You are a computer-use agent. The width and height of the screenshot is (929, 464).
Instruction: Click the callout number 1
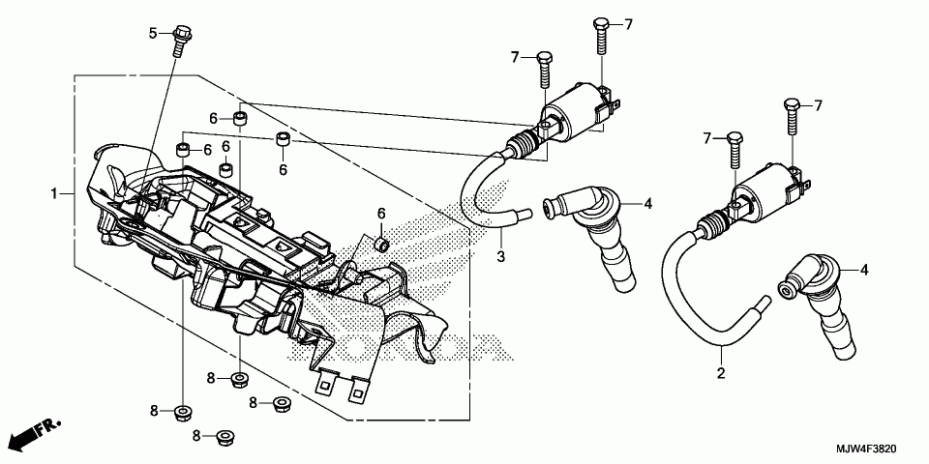(x=55, y=194)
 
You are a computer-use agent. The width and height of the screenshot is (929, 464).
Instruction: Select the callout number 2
(x=720, y=373)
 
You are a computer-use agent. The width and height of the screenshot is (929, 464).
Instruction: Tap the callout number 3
(x=501, y=256)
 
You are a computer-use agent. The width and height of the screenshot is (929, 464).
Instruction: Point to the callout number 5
(x=153, y=33)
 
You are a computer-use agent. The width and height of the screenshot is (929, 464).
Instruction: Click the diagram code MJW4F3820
(x=868, y=451)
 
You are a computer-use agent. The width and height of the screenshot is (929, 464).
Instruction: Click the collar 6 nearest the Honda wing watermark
(x=381, y=242)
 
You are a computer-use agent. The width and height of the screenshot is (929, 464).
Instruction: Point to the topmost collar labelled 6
(x=237, y=120)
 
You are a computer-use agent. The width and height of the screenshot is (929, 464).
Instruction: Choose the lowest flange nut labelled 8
(x=225, y=437)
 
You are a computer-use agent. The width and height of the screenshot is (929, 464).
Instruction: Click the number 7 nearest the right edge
(x=818, y=104)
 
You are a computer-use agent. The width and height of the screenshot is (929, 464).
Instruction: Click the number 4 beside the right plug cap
(x=864, y=270)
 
